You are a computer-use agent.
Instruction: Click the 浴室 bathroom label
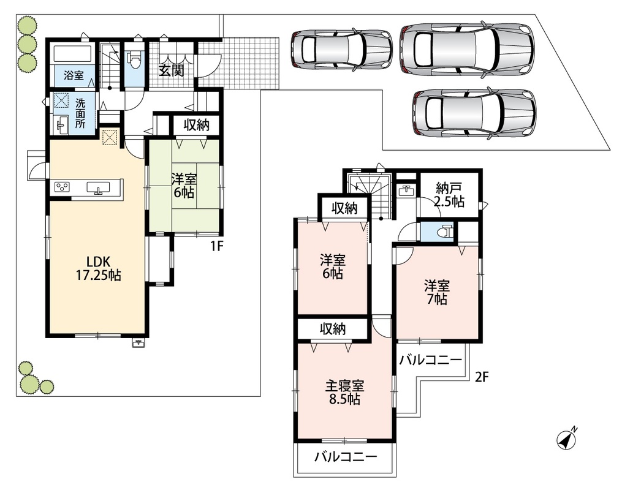[x=74, y=75]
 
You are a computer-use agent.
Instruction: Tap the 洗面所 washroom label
[x=80, y=113]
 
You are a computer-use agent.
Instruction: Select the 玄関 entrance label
[x=172, y=70]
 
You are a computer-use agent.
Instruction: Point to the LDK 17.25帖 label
[x=99, y=268]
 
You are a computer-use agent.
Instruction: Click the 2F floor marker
[x=481, y=377]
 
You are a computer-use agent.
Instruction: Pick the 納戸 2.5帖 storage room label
[x=449, y=195]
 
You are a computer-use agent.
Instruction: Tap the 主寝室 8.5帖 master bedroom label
[x=344, y=391]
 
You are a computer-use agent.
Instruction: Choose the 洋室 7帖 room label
[x=437, y=292]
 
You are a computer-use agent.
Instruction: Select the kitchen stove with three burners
[x=63, y=186]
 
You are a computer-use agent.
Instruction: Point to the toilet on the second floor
[x=446, y=231]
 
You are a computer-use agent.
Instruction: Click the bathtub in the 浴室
[x=72, y=55]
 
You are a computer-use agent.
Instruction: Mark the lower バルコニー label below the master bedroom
[x=346, y=458]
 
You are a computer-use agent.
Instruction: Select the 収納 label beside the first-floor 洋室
[x=196, y=126]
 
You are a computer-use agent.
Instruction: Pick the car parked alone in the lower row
[x=474, y=113]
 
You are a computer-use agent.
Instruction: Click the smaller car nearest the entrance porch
[x=341, y=48]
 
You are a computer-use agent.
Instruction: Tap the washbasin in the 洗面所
[x=63, y=125]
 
